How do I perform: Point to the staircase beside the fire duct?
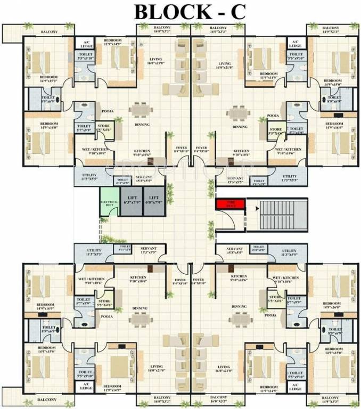[280, 216]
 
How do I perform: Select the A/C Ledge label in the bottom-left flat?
[85, 387]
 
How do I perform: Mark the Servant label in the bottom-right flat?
[235, 250]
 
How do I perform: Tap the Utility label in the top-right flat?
[290, 177]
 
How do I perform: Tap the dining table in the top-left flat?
[140, 110]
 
